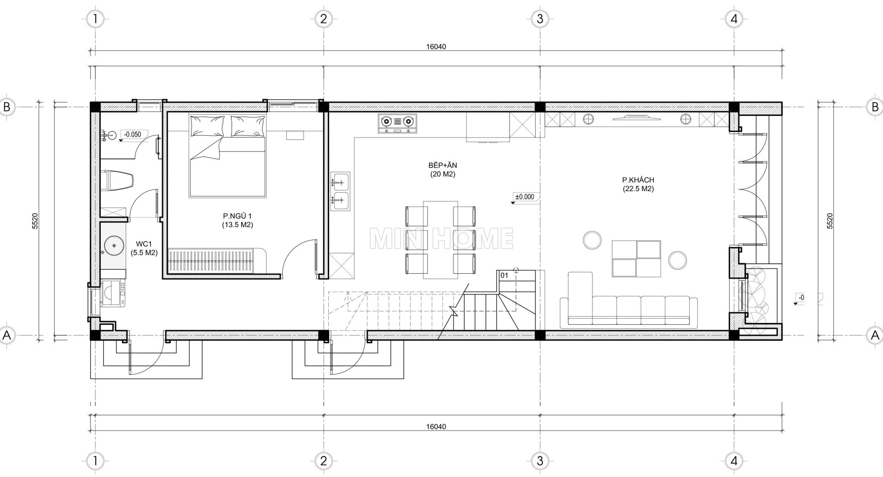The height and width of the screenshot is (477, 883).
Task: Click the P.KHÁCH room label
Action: (638, 180)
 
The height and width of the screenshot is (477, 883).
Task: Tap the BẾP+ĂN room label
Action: (442, 165)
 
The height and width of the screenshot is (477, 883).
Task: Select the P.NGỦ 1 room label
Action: (237, 216)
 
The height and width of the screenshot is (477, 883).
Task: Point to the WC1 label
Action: (144, 243)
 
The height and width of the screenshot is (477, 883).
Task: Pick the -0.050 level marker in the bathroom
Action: (133, 135)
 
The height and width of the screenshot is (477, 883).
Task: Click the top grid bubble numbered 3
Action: (540, 19)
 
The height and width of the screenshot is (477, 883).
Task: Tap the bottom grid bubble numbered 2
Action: (323, 461)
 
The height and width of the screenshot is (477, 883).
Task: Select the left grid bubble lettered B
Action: (7, 107)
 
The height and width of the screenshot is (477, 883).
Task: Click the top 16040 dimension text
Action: (436, 46)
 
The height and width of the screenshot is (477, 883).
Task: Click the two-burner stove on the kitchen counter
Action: (396, 123)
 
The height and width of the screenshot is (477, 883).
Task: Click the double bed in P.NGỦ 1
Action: (227, 156)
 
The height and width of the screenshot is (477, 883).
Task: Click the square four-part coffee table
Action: (636, 259)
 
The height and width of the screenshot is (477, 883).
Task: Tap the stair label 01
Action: (504, 275)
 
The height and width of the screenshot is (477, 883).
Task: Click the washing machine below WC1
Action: (112, 294)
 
